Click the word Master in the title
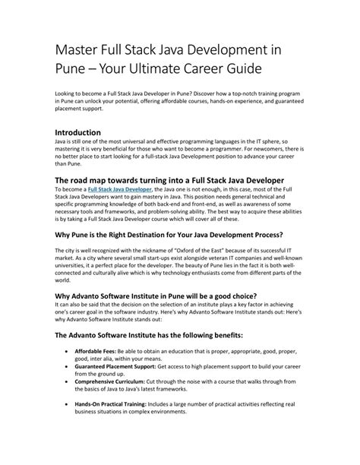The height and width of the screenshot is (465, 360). click(79, 49)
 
